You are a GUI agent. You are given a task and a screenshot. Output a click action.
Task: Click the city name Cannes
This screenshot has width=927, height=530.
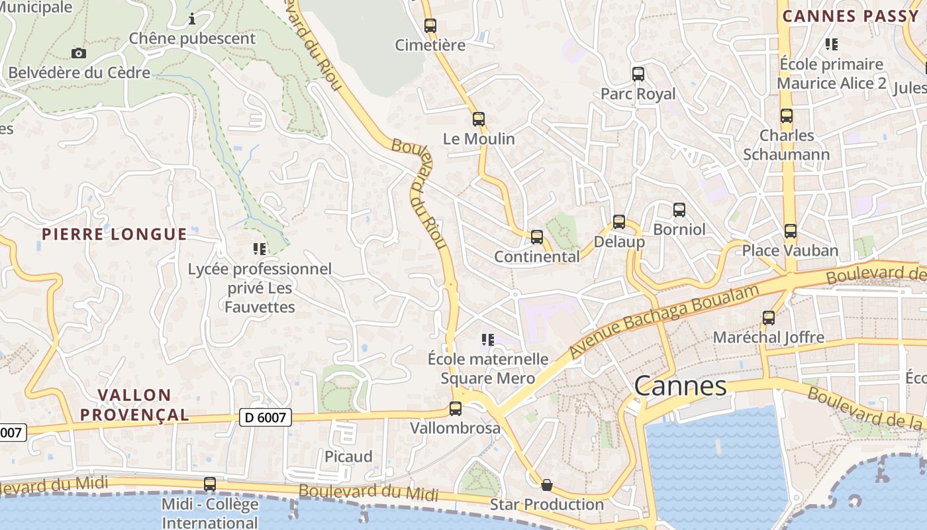[680, 386]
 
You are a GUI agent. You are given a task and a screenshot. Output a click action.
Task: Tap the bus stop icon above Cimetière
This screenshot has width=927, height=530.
[430, 26]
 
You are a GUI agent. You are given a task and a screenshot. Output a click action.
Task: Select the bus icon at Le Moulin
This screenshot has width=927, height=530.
[478, 119]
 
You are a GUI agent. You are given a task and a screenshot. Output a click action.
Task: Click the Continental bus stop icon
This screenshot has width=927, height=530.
[537, 237]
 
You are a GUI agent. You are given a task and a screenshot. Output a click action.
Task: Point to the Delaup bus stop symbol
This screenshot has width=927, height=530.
[619, 222]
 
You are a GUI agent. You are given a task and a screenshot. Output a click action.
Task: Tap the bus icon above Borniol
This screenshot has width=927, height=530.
[679, 210]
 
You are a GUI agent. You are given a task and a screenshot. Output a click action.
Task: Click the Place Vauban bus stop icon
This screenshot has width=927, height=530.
[790, 231]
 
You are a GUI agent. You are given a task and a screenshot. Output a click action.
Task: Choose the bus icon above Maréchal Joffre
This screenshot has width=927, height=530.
[769, 317]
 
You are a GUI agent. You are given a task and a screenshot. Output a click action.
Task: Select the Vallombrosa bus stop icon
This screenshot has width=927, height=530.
[456, 408]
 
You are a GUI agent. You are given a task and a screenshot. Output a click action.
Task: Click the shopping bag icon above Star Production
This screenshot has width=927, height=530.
[547, 485]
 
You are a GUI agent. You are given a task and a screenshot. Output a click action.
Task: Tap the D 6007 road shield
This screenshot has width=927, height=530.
[266, 417]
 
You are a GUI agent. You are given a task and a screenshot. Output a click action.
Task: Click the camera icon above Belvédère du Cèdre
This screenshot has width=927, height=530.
[79, 53]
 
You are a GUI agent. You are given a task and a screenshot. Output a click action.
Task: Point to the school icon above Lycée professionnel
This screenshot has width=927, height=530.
[260, 249]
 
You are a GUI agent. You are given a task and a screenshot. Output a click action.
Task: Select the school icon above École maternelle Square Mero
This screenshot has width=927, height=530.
[488, 340]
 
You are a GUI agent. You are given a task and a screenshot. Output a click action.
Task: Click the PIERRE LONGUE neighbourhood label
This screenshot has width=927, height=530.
[115, 234]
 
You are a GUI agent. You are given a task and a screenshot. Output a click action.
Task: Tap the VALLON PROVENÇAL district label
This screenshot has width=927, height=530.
[134, 405]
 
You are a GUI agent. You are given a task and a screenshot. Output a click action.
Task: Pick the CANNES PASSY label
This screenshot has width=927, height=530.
[850, 16]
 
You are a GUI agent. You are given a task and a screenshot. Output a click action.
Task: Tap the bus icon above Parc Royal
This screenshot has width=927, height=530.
[638, 74]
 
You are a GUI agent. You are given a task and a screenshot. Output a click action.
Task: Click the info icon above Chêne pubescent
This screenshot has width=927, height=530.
[192, 19]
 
